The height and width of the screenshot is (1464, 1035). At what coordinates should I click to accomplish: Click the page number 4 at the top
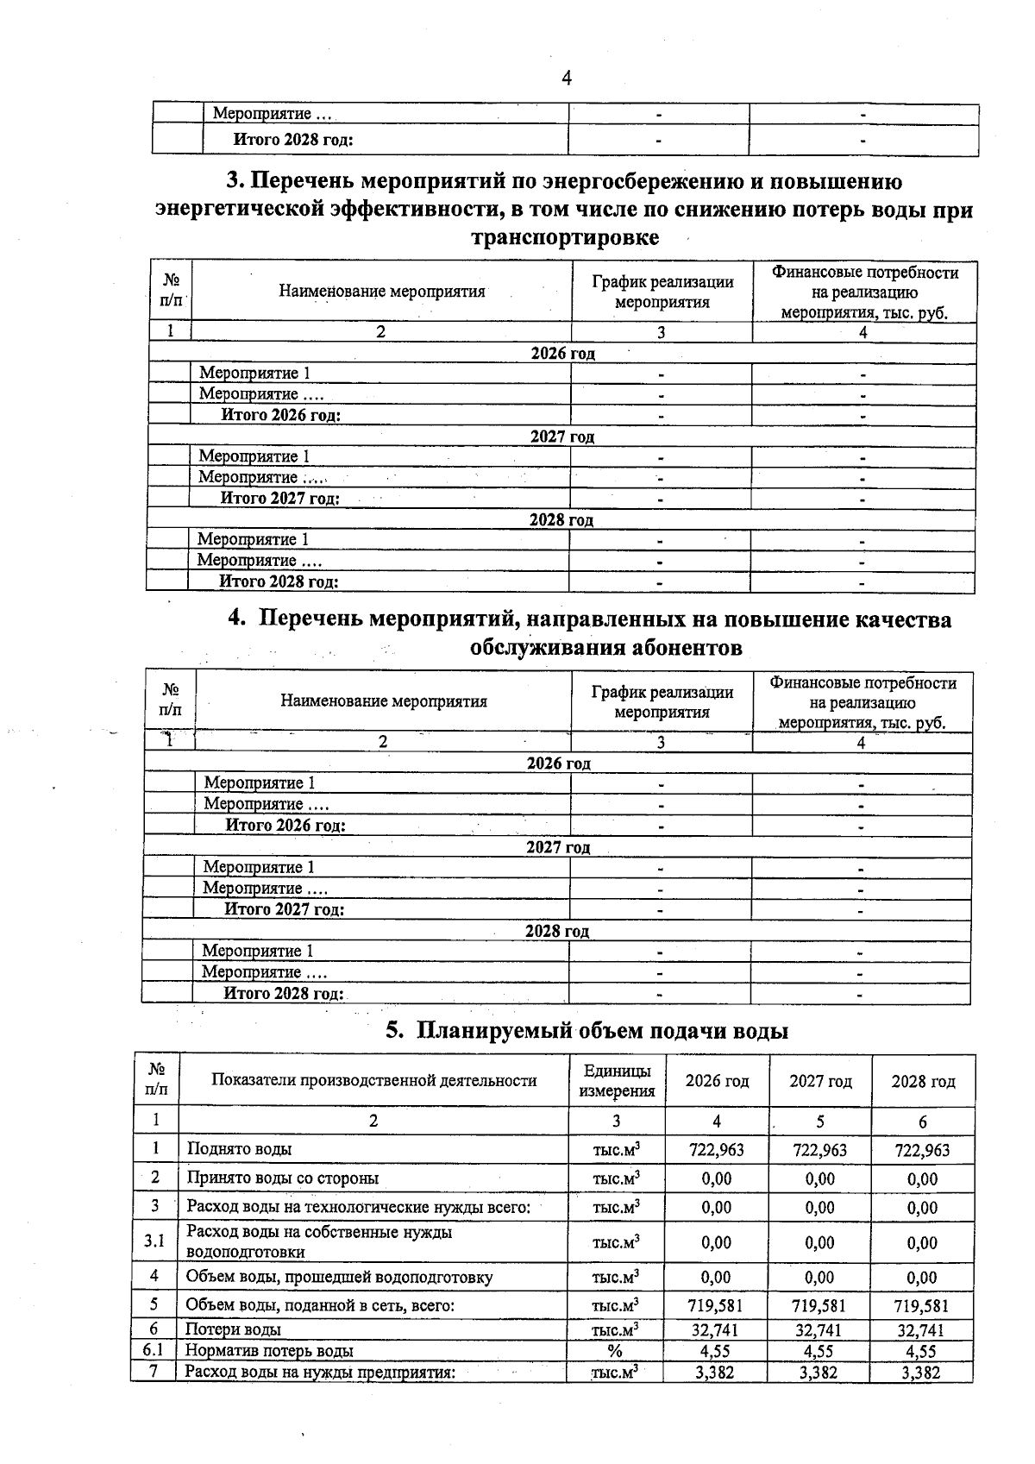pos(567,79)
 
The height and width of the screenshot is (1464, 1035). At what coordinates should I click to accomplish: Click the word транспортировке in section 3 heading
pos(565,237)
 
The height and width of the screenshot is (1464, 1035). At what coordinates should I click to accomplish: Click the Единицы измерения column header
pos(617,1081)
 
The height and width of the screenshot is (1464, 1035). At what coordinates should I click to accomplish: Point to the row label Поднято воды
pos(239,1149)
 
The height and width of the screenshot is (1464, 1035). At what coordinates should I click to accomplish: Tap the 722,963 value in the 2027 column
pos(819,1150)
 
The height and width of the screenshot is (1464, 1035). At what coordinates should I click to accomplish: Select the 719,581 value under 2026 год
pos(716,1306)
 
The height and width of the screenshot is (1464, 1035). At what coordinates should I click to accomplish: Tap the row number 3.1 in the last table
pos(154,1241)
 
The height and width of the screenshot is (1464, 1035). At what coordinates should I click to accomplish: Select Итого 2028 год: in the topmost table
pos(293,140)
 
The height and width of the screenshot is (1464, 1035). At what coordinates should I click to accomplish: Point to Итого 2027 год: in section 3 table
pos(280,499)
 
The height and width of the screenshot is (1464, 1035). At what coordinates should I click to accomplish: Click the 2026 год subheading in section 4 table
pos(558,763)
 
